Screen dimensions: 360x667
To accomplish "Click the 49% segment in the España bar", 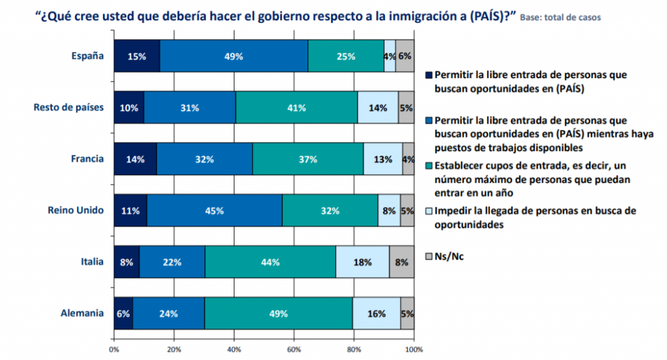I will tap(234, 56).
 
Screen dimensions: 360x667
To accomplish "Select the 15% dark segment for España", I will tap(137, 56).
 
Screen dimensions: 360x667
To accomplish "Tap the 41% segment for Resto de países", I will tap(296, 107).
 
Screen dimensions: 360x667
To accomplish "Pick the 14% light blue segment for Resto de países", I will tap(378, 107).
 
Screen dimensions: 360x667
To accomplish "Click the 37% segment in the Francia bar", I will tap(307, 159).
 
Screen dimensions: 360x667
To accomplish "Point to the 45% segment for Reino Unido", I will tap(214, 210).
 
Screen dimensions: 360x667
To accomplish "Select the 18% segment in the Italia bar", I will tap(362, 262).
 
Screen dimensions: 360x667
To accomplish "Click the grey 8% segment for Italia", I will tap(402, 262).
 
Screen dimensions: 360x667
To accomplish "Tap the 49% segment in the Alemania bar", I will tap(278, 313).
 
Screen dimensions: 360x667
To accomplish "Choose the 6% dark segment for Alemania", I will tap(123, 313).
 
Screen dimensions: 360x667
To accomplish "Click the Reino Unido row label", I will tap(76, 210).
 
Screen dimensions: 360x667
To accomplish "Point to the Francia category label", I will tap(86, 159).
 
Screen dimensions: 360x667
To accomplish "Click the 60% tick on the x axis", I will tap(294, 350).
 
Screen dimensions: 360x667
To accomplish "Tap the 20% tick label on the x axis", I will tap(174, 350).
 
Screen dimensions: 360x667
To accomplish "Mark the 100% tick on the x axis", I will tap(413, 350).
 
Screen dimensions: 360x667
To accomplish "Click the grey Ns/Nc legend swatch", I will tap(427, 256).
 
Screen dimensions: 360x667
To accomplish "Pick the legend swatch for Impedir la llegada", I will tap(427, 211).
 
